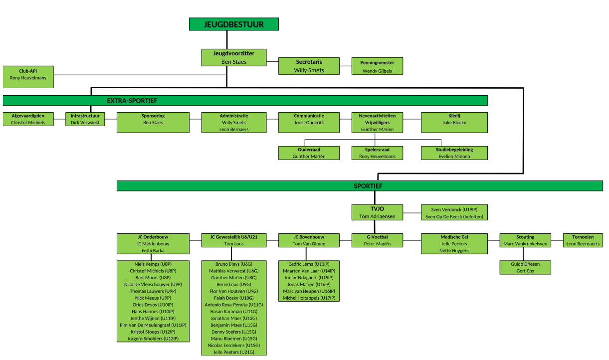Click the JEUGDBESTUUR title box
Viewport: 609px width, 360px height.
tap(234, 24)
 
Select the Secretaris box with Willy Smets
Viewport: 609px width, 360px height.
tap(309, 66)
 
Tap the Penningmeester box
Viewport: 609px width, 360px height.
tap(377, 66)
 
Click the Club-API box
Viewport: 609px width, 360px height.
tap(28, 77)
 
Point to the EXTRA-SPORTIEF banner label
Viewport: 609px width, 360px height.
tap(132, 101)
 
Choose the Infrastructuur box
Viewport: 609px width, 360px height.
tap(85, 119)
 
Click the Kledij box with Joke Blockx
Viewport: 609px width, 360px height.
tap(454, 123)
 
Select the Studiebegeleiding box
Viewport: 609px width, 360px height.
tap(454, 153)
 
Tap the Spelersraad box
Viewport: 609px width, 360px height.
tap(377, 153)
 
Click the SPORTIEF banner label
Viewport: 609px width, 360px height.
tap(368, 186)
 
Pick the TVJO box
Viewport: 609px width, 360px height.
tap(377, 212)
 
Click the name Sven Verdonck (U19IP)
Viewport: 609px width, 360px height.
tap(454, 209)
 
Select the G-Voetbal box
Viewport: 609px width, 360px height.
tap(377, 240)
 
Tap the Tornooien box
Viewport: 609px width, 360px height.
tap(583, 240)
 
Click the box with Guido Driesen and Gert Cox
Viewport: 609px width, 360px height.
tap(525, 267)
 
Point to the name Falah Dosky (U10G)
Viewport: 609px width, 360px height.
tap(234, 298)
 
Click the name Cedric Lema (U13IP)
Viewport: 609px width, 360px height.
tap(309, 264)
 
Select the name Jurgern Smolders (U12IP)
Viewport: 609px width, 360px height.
tap(153, 339)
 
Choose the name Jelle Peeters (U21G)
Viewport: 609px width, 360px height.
tap(234, 352)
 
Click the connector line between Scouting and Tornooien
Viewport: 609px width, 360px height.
tap(557, 240)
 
